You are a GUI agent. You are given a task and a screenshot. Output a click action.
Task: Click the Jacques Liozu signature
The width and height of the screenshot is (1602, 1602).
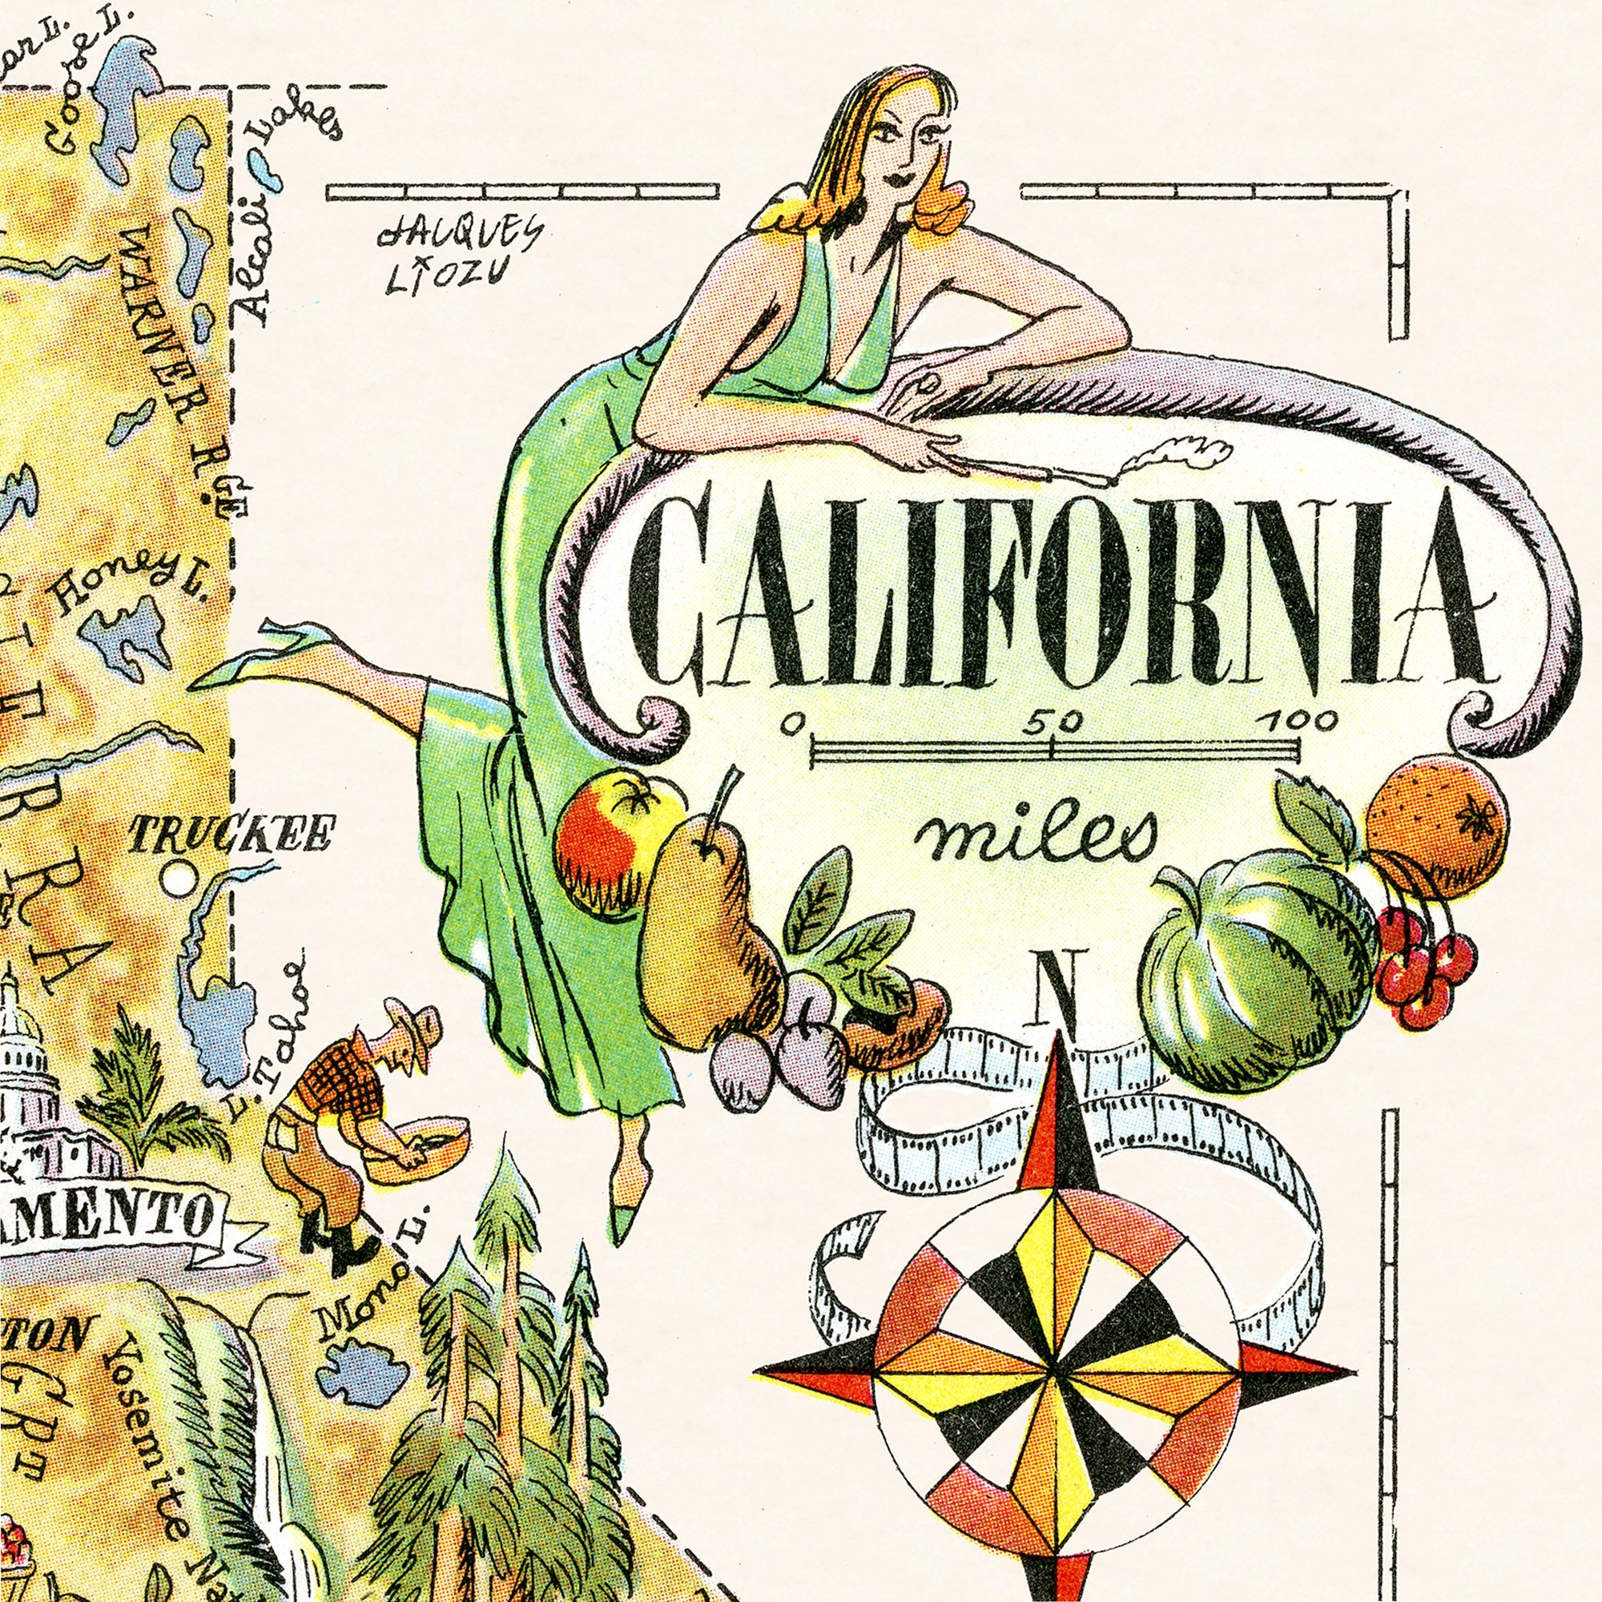[458, 256]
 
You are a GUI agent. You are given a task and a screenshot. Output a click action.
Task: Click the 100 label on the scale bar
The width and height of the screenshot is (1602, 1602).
[1295, 722]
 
